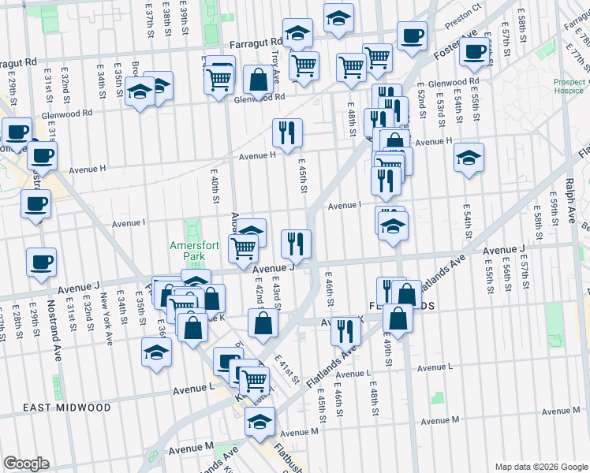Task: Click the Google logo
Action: coord(26,464)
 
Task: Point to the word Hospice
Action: coord(569,91)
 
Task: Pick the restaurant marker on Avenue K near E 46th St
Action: coord(345,330)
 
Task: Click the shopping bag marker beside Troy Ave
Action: coord(258,79)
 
